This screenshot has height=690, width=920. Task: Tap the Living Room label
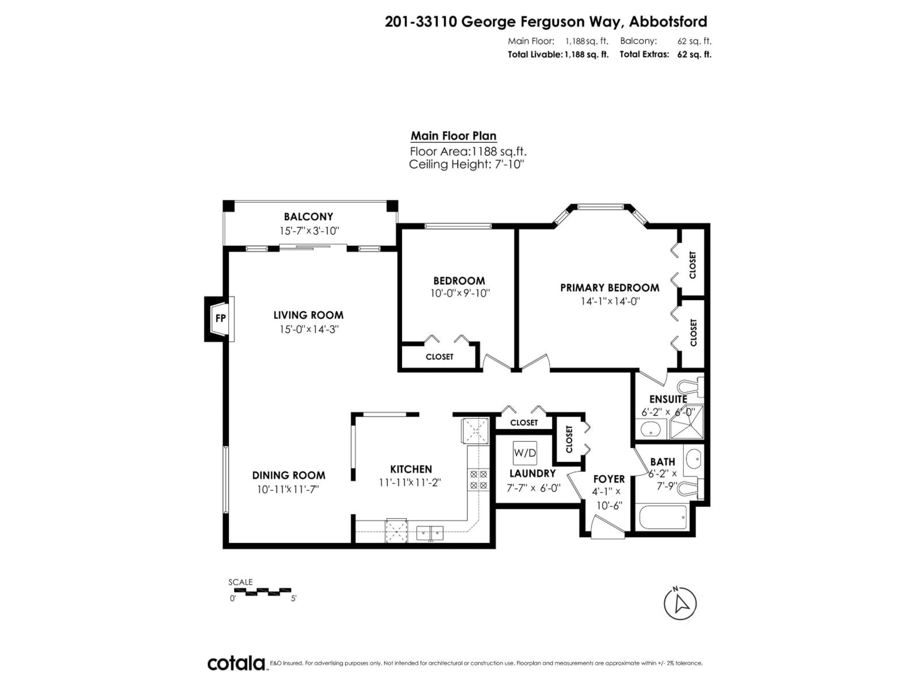tap(308, 315)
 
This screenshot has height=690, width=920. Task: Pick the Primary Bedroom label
tap(609, 288)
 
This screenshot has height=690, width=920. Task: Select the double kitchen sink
tap(430, 533)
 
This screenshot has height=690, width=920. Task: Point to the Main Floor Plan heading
tap(453, 136)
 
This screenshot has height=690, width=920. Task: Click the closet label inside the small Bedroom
tap(439, 357)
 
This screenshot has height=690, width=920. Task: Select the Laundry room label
tap(532, 473)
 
